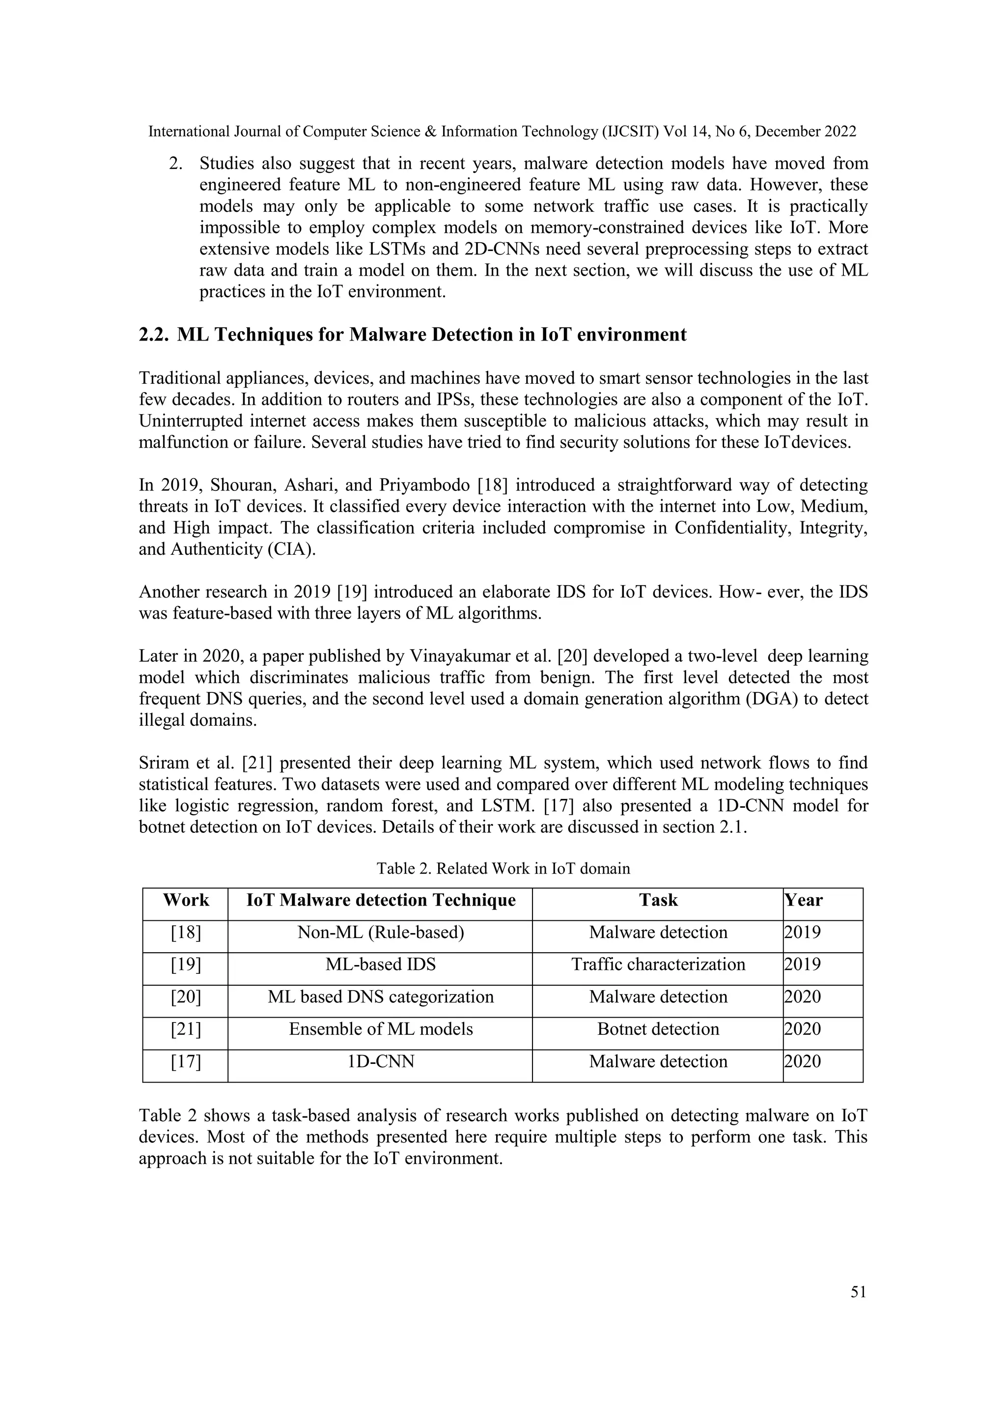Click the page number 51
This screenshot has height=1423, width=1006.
click(x=858, y=1292)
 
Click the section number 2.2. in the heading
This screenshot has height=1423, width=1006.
click(x=154, y=335)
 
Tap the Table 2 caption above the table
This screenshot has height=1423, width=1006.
click(x=503, y=868)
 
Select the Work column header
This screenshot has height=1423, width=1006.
click(x=186, y=900)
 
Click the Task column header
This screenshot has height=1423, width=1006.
click(x=658, y=900)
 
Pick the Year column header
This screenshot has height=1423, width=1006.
click(x=804, y=900)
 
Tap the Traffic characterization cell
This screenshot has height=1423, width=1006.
click(x=658, y=965)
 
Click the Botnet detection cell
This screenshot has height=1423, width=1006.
click(x=658, y=1029)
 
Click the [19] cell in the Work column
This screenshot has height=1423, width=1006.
click(x=186, y=965)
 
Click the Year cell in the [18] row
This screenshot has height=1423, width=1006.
click(x=803, y=932)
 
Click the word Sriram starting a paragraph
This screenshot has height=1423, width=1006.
click(x=162, y=763)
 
